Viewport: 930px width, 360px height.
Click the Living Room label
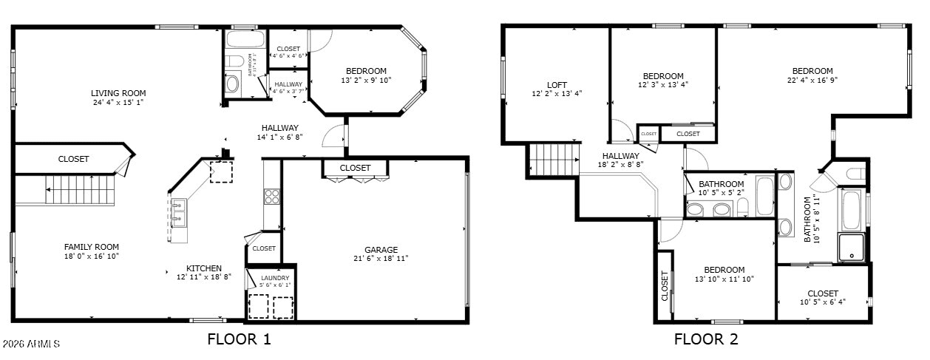pyautogui.click(x=118, y=93)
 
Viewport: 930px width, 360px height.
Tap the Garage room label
pyautogui.click(x=381, y=250)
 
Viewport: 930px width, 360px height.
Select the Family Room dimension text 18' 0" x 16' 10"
pyautogui.click(x=91, y=256)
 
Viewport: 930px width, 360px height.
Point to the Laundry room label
pyautogui.click(x=275, y=278)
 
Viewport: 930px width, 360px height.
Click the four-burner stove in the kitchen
pyautogui.click(x=271, y=196)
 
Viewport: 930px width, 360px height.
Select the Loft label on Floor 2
pyautogui.click(x=557, y=84)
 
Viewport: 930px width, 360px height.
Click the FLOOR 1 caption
pyautogui.click(x=239, y=340)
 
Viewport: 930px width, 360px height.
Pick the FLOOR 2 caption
pyautogui.click(x=706, y=340)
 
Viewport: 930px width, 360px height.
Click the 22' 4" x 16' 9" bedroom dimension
pyautogui.click(x=812, y=80)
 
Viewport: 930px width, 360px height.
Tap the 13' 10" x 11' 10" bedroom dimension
pyautogui.click(x=724, y=279)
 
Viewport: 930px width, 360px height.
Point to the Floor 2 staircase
pyautogui.click(x=553, y=160)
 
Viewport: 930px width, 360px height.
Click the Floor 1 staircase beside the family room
pyautogui.click(x=81, y=190)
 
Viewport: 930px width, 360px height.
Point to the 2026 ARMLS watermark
pyautogui.click(x=31, y=344)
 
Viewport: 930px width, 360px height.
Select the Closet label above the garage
pyautogui.click(x=355, y=168)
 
